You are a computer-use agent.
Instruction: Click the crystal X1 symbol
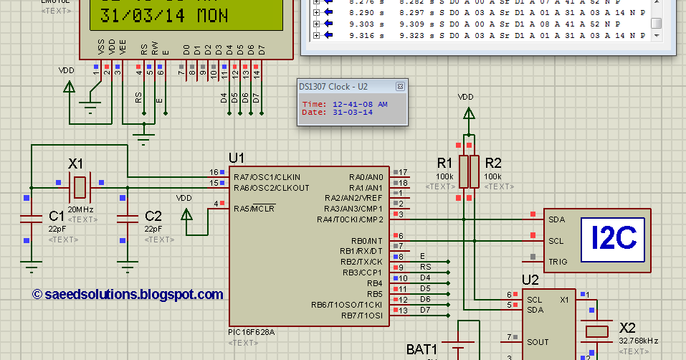point(79,188)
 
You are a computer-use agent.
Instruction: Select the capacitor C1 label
point(57,215)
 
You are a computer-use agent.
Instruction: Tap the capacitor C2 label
point(153,215)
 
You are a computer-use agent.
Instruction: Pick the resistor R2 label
point(493,162)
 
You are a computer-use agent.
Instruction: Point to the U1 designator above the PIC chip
point(237,158)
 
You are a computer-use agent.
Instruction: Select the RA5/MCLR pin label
point(254,209)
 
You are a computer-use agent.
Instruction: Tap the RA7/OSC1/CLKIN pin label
point(266,176)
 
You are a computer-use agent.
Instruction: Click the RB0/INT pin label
point(367,240)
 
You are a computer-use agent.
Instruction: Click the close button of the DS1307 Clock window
point(400,86)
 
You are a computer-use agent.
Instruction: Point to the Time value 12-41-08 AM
point(360,104)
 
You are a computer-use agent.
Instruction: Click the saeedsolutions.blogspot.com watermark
point(128,295)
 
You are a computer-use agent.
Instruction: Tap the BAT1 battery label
point(422,349)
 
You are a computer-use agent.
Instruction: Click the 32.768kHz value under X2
point(638,341)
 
